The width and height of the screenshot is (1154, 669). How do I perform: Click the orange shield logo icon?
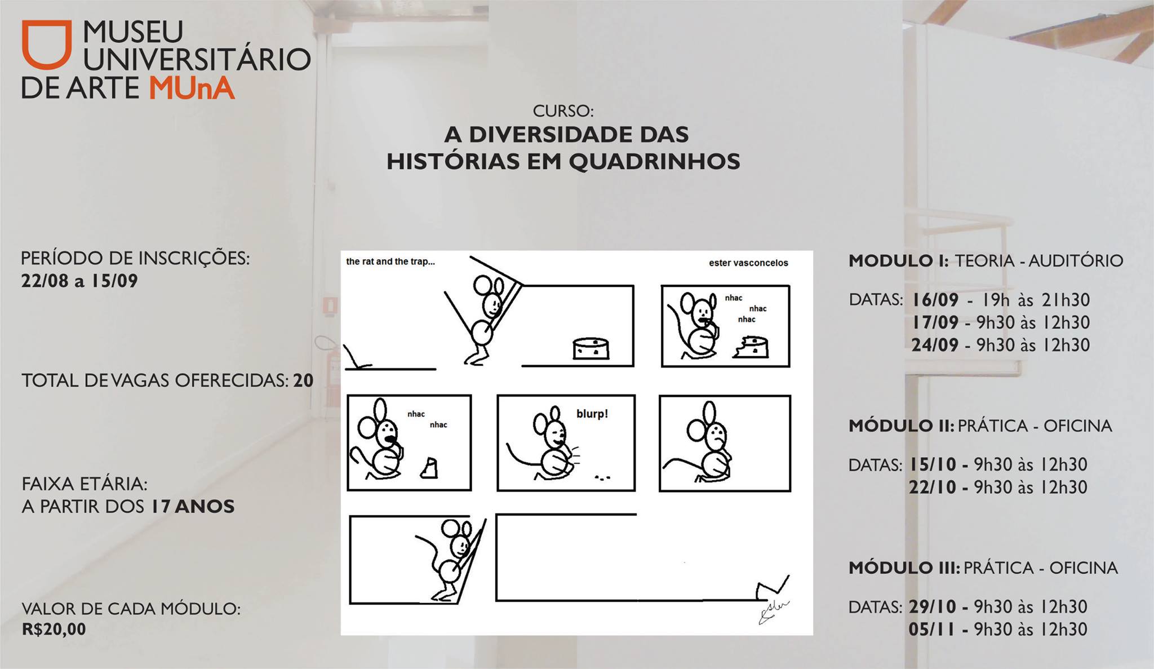pyautogui.click(x=47, y=45)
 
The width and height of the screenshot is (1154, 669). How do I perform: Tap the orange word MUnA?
pyautogui.click(x=192, y=88)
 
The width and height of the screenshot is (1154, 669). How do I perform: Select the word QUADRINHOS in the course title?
pyautogui.click(x=654, y=162)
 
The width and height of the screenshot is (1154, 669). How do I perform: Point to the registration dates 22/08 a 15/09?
pyautogui.click(x=79, y=281)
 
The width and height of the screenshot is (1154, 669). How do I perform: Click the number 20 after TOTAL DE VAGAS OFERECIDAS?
pyautogui.click(x=303, y=380)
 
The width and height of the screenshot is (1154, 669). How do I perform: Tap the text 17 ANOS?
pyautogui.click(x=192, y=507)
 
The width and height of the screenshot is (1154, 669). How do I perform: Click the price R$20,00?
pyautogui.click(x=54, y=629)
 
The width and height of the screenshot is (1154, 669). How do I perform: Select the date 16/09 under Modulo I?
pyautogui.click(x=935, y=300)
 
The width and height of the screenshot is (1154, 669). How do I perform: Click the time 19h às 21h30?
pyautogui.click(x=1036, y=300)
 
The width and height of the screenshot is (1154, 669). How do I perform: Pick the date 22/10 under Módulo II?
pyautogui.click(x=933, y=487)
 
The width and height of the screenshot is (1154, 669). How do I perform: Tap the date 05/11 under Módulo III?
pyautogui.click(x=932, y=629)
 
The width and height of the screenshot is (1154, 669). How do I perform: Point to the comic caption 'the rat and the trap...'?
pyautogui.click(x=390, y=262)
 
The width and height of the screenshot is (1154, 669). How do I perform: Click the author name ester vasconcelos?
pyautogui.click(x=748, y=263)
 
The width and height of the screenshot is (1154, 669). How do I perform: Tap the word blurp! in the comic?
pyautogui.click(x=592, y=414)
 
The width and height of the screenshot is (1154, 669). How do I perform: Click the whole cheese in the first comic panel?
pyautogui.click(x=591, y=348)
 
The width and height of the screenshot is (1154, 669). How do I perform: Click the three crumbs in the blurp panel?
pyautogui.click(x=602, y=479)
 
